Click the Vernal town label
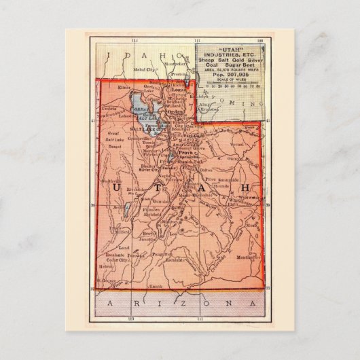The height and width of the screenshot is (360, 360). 237,145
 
